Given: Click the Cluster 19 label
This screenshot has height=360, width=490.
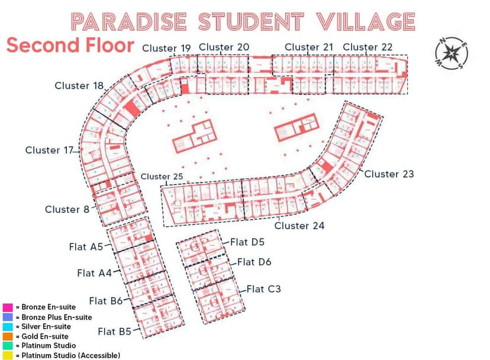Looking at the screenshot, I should click(x=166, y=49).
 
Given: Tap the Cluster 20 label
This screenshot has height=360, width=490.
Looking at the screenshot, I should click(x=224, y=47).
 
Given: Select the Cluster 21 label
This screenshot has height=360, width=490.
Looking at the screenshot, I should click(x=310, y=47).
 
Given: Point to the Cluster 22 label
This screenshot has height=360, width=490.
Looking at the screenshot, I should click(x=367, y=47).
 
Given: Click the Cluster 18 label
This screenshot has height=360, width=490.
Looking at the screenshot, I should click(x=79, y=86).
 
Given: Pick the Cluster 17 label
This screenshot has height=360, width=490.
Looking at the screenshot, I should click(x=50, y=150).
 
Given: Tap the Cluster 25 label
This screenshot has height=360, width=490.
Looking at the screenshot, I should click(x=162, y=176).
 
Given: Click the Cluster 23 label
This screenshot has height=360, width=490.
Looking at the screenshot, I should click(x=389, y=174).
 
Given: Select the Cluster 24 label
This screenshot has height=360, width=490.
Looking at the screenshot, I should click(x=299, y=226).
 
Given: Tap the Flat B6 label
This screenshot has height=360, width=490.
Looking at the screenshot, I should click(x=105, y=301).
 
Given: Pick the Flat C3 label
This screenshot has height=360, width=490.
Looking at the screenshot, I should click(x=263, y=290).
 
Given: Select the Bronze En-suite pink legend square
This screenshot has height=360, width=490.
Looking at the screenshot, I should click(x=8, y=307).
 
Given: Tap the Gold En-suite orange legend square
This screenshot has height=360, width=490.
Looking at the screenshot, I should click(x=8, y=336).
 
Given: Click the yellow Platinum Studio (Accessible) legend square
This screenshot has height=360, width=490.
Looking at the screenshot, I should click(x=8, y=355).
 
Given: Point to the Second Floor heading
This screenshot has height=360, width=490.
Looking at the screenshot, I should click(x=70, y=46).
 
